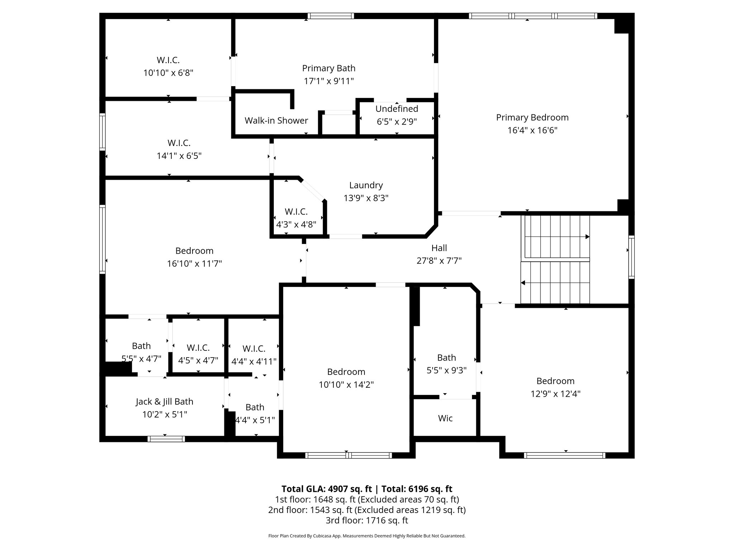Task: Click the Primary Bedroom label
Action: [532, 117]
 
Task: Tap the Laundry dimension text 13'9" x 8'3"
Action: [366, 198]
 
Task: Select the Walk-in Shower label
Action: [276, 121]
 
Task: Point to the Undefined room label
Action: [397, 109]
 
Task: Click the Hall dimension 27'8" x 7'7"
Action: [439, 261]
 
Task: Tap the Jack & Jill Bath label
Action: [165, 401]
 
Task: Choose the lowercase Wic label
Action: [445, 418]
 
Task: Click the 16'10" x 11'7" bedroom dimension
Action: [194, 264]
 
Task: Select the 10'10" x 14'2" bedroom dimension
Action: [346, 385]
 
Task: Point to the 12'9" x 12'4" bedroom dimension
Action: [556, 394]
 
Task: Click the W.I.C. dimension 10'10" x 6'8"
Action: [168, 73]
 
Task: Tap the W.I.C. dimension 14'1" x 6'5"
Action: [179, 156]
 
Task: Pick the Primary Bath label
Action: [329, 68]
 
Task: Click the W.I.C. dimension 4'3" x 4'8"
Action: [296, 225]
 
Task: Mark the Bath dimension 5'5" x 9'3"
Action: [447, 371]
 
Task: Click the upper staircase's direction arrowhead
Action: [587, 237]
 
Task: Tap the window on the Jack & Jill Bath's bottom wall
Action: [166, 439]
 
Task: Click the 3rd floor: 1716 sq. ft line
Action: [367, 520]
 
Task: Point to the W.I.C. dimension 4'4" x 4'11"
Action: [254, 362]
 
